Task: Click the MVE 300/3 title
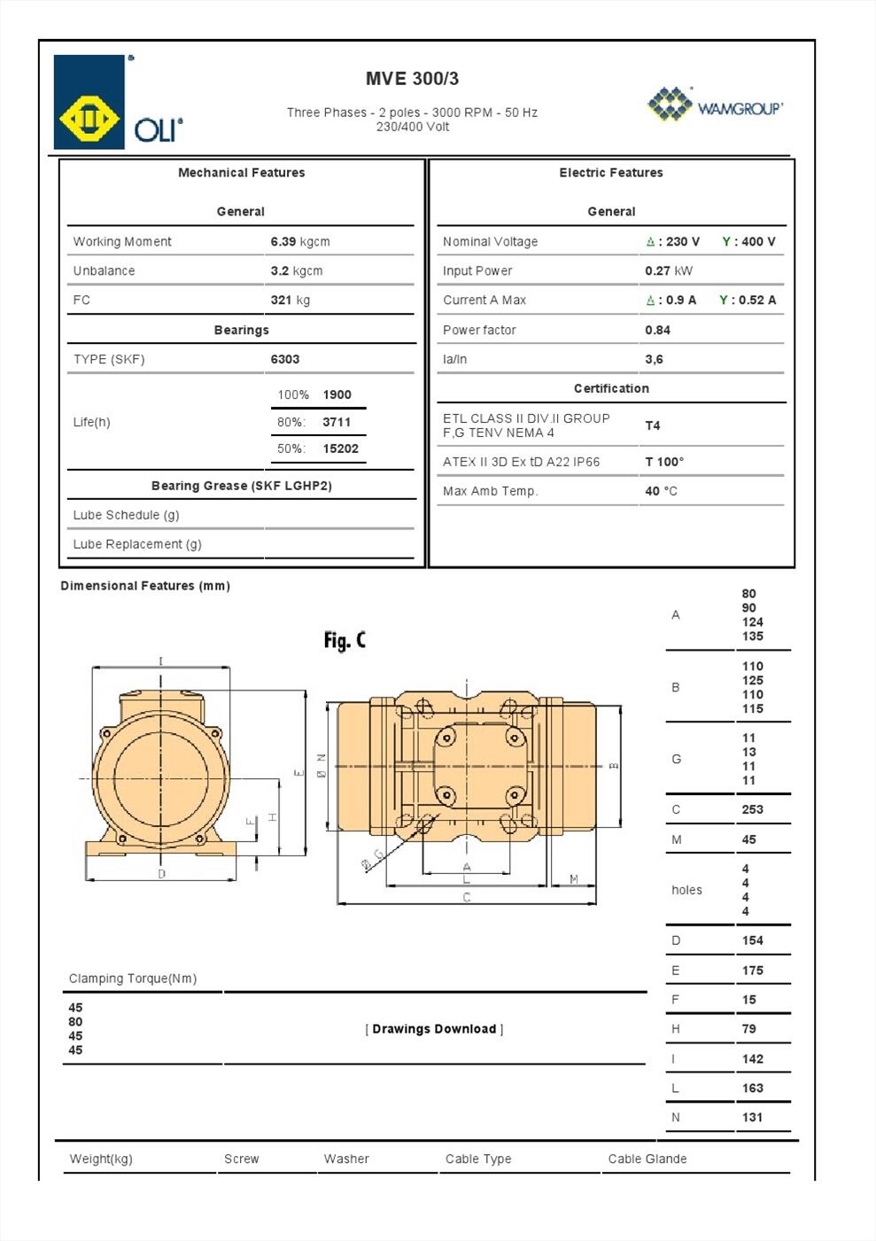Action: [412, 79]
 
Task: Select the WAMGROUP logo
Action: [716, 105]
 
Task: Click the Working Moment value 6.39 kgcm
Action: [299, 241]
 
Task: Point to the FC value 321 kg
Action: [290, 300]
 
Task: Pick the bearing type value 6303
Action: [284, 359]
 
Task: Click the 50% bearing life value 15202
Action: [340, 449]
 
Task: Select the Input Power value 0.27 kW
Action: [668, 270]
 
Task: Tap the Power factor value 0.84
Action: [657, 330]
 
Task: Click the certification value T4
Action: [652, 425]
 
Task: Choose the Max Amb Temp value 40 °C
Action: [661, 491]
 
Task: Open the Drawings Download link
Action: [434, 1029]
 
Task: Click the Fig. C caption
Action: [344, 640]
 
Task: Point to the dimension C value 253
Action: [752, 809]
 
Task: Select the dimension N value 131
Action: [752, 1117]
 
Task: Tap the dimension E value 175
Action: [752, 971]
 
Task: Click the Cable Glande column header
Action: [647, 1159]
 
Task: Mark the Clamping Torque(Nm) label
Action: [133, 979]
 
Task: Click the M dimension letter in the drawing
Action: [574, 879]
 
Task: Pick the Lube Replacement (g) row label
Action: [137, 544]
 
